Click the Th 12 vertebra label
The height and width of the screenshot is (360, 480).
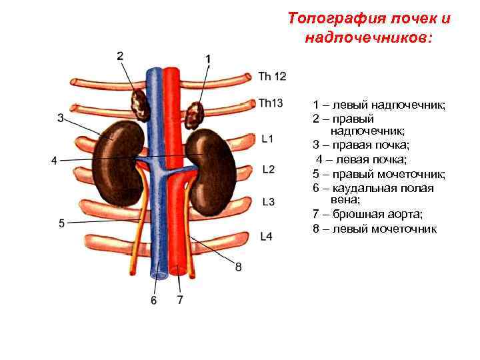click(272, 77)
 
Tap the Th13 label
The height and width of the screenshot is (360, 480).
click(271, 103)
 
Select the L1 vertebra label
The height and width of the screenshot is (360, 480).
click(267, 139)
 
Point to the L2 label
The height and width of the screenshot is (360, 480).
click(269, 169)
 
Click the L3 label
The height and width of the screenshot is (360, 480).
click(269, 201)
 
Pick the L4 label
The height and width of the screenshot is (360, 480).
click(266, 236)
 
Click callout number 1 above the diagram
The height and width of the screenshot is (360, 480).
click(209, 59)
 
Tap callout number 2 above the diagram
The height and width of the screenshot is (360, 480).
click(120, 57)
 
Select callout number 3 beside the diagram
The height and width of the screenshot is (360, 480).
click(61, 119)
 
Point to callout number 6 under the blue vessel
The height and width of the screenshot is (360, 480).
click(154, 301)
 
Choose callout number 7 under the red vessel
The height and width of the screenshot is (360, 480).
click(180, 300)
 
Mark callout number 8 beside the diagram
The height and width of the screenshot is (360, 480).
click(238, 267)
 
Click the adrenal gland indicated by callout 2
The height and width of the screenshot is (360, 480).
click(140, 103)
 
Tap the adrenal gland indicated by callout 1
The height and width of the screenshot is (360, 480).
click(195, 115)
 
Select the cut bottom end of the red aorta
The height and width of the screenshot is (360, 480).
click(179, 271)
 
